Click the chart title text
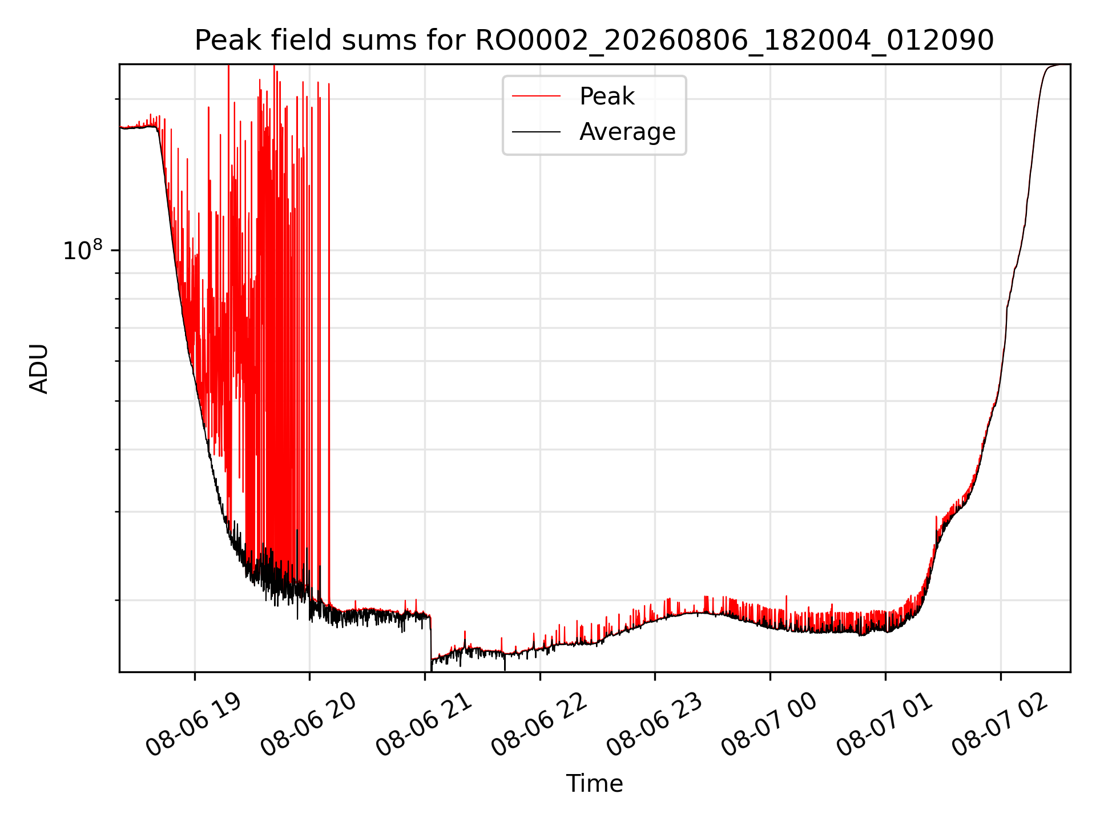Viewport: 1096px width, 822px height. click(594, 41)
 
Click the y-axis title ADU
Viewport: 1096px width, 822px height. click(39, 369)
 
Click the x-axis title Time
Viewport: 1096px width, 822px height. click(594, 783)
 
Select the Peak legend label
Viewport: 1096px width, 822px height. click(607, 96)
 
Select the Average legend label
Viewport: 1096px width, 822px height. click(627, 131)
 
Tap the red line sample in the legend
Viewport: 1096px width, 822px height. click(536, 96)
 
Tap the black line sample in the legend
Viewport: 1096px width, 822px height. click(536, 132)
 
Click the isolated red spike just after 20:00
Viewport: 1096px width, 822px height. click(329, 342)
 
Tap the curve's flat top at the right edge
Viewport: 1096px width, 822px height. click(1059, 65)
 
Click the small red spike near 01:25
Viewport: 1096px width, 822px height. click(936, 528)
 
